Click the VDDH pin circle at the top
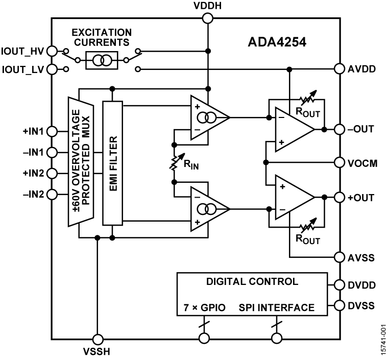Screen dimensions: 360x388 (208, 19)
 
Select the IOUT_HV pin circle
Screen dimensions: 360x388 (51, 51)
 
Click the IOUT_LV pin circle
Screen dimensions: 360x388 (51, 68)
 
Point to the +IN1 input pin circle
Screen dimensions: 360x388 (51, 132)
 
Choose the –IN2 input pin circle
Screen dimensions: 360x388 (51, 194)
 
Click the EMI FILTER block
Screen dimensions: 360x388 (113, 162)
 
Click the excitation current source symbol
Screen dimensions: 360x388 (105, 60)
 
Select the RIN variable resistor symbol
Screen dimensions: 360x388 (175, 162)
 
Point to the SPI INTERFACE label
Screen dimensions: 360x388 (276, 308)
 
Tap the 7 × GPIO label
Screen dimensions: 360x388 (205, 308)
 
